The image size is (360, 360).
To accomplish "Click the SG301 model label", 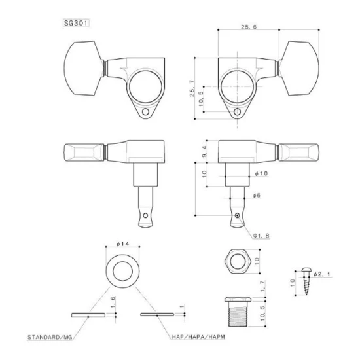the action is click(x=75, y=23).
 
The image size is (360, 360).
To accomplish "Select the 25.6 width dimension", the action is click(x=249, y=27).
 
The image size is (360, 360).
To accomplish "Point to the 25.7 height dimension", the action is click(x=192, y=88).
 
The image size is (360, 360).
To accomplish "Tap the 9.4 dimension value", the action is click(x=204, y=151).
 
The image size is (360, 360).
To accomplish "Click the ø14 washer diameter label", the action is click(x=123, y=244).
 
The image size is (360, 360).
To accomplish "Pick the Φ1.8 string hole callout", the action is click(x=261, y=236).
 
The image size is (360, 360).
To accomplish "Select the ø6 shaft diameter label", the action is click(x=257, y=196).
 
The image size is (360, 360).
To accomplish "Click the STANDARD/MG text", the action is click(x=50, y=337).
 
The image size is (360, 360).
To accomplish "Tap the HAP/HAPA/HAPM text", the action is click(x=198, y=337).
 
